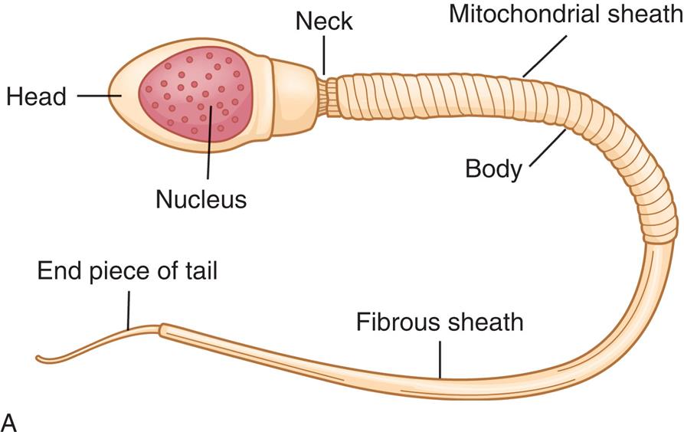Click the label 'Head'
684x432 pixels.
point(36,97)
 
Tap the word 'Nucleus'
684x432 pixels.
point(201,199)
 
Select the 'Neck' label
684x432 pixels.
point(325,22)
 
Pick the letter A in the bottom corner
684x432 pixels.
point(10,420)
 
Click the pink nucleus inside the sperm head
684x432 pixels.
point(195,100)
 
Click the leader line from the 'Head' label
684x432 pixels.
point(99,96)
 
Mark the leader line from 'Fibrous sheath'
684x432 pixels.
point(440,357)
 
